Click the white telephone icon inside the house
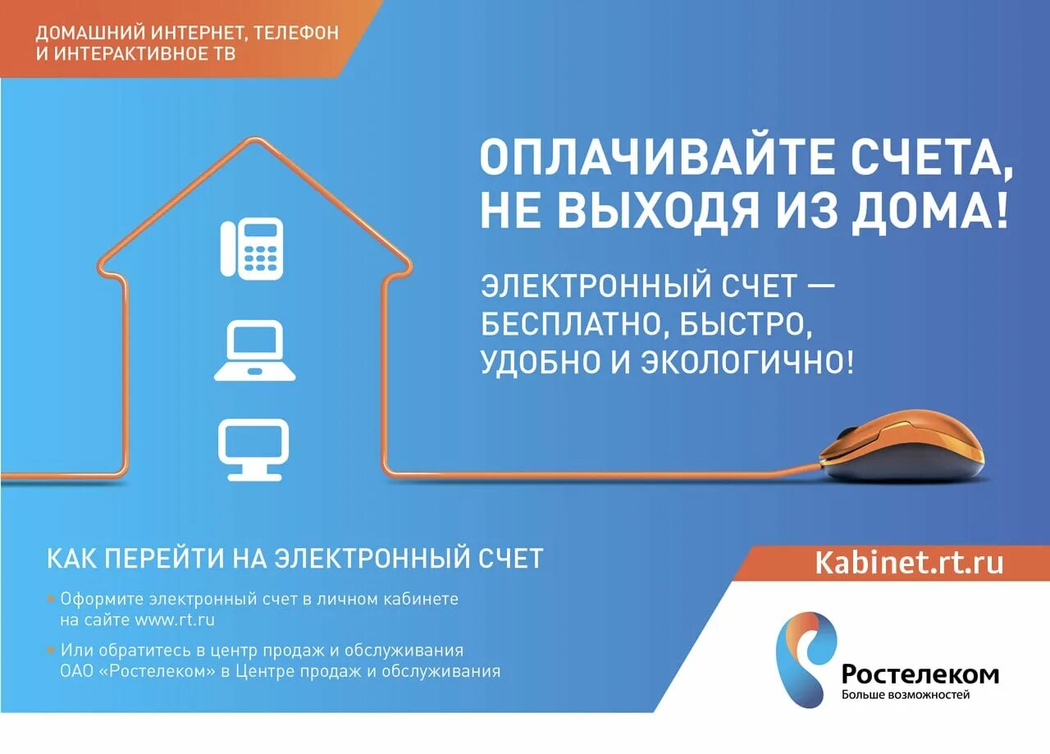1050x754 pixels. click(252, 248)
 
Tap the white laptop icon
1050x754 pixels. click(254, 351)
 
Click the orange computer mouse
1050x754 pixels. click(902, 452)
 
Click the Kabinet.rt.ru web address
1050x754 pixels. click(908, 563)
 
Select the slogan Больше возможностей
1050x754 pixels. click(906, 696)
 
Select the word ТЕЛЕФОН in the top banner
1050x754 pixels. click(296, 34)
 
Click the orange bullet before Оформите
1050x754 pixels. click(51, 599)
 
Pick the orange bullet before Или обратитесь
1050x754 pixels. click(51, 651)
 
